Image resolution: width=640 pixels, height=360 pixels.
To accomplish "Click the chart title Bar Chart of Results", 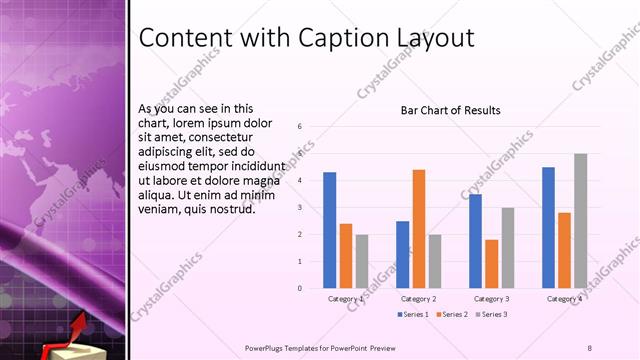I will click(450, 110).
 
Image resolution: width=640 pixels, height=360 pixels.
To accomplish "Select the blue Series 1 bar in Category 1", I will click(330, 230).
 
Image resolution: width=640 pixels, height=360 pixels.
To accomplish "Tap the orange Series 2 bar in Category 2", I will click(418, 229).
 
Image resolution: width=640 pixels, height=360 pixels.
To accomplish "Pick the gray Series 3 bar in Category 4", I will click(580, 221).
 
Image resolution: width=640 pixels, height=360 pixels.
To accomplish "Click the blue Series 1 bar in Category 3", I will click(475, 241).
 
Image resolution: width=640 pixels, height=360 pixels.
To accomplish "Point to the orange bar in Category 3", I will click(491, 264).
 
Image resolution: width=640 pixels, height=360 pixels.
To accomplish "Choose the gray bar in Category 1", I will click(361, 261).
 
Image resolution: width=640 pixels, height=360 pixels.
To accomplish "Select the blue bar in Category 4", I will click(548, 227).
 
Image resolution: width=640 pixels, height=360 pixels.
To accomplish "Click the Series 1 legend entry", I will click(413, 315).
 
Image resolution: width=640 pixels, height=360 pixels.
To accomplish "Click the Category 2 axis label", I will click(418, 299).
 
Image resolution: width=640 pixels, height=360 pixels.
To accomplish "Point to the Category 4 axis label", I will click(564, 299).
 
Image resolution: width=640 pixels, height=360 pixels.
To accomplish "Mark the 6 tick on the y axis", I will click(300, 127).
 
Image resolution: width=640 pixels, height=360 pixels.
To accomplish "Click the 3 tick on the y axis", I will click(300, 208).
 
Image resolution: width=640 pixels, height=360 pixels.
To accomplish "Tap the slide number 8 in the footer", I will click(589, 348).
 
